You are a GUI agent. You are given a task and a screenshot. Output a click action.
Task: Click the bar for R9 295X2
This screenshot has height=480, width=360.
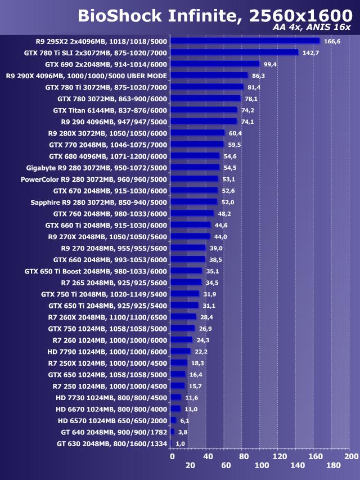(245, 41)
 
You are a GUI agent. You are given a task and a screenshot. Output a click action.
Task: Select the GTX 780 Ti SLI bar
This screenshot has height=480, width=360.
(234, 52)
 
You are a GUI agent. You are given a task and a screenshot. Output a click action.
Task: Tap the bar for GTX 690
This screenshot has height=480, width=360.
(215, 64)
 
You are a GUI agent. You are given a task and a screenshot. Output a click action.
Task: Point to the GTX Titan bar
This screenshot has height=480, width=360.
(204, 110)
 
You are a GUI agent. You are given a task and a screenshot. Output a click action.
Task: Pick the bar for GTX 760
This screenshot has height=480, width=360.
(192, 213)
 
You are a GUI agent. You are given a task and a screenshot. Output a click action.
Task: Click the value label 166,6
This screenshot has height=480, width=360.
(332, 41)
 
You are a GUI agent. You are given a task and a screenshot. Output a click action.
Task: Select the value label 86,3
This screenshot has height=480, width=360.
(259, 75)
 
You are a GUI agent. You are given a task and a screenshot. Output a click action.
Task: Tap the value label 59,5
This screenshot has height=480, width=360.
(235, 145)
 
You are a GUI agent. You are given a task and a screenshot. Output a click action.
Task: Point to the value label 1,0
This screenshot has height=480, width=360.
(181, 444)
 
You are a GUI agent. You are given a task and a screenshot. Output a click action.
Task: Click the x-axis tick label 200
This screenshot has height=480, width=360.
(351, 456)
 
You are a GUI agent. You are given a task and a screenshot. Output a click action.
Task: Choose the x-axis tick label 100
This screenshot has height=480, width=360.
(262, 465)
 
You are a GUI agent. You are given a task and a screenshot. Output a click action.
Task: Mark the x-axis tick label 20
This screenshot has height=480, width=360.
(190, 465)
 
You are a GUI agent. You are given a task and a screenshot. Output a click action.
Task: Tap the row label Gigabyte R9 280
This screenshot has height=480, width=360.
(97, 168)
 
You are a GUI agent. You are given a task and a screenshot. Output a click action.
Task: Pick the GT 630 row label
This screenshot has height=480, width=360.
(112, 444)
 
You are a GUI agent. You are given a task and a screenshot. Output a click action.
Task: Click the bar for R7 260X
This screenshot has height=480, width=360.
(183, 317)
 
